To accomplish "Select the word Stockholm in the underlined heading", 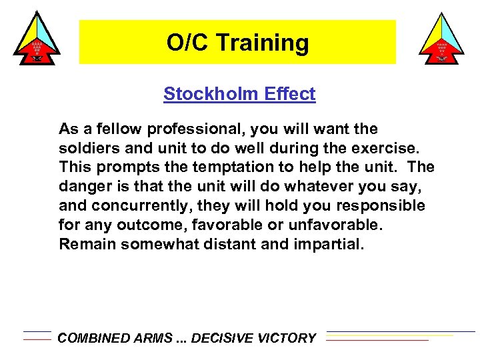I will point(207,94).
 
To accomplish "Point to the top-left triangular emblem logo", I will point(37,38).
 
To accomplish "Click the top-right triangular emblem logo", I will point(442,38).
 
